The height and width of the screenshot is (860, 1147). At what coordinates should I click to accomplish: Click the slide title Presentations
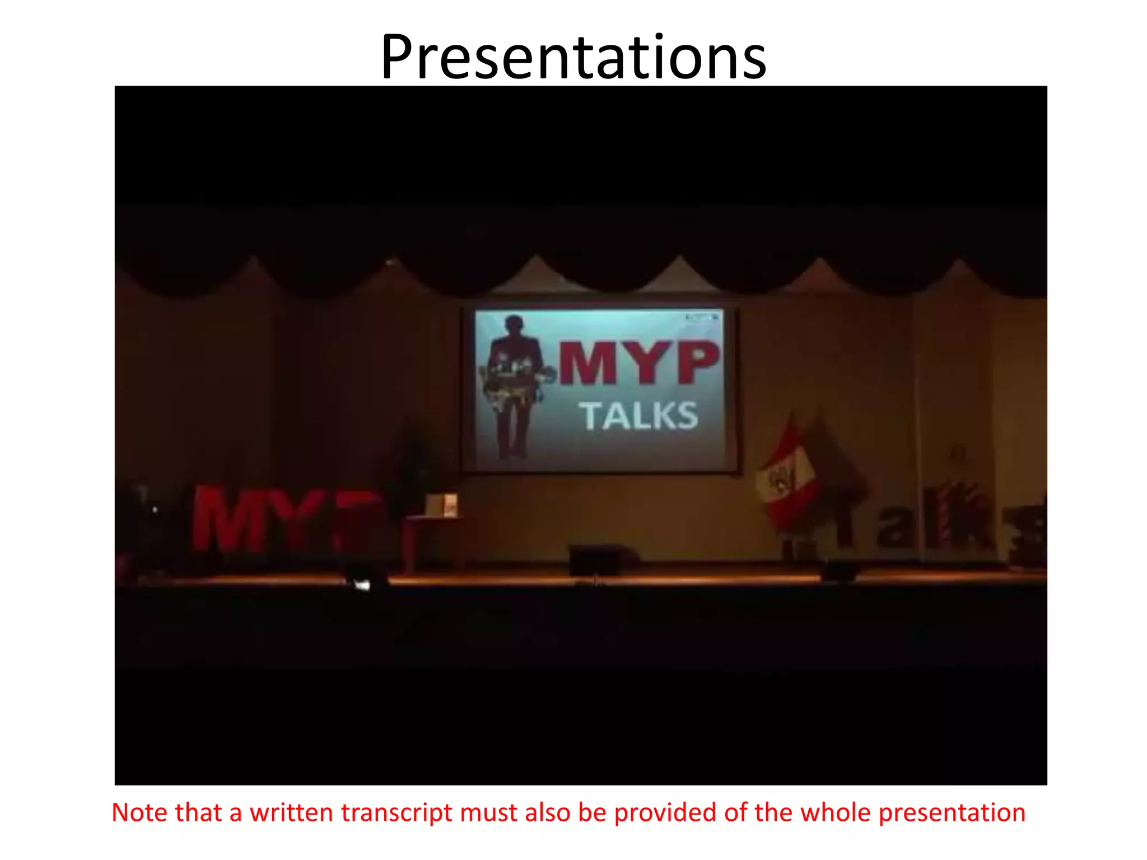click(x=573, y=58)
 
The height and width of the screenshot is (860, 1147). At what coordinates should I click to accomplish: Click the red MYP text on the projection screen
click(x=638, y=362)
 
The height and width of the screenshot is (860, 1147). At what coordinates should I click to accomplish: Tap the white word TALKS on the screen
click(x=638, y=416)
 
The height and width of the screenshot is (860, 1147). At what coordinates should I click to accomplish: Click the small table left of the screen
click(x=434, y=537)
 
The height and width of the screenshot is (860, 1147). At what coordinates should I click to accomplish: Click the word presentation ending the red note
click(x=952, y=813)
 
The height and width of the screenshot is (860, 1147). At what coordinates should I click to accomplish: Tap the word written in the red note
click(x=291, y=813)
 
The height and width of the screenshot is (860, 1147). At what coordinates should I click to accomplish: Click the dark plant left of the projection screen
click(x=413, y=465)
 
